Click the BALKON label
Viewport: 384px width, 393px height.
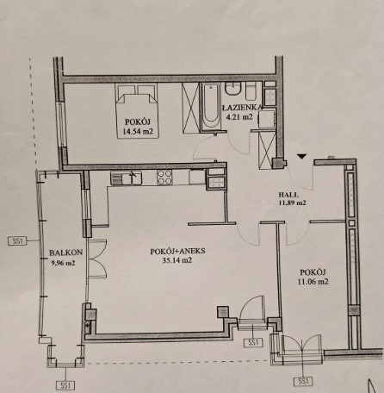(x=65, y=253)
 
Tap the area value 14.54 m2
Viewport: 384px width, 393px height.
(x=138, y=132)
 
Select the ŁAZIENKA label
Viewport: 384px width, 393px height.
(x=242, y=108)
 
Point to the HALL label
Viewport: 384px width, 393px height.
(x=288, y=195)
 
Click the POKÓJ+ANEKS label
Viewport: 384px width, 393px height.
(x=177, y=252)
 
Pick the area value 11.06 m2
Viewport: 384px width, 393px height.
(x=313, y=282)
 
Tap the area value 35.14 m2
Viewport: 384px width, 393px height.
(x=177, y=260)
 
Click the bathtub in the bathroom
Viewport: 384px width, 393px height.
(x=211, y=107)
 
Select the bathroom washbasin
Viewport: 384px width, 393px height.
(x=233, y=88)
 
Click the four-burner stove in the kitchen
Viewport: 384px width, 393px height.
(x=164, y=178)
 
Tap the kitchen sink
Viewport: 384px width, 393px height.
(x=127, y=178)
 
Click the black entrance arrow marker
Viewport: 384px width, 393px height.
(x=302, y=157)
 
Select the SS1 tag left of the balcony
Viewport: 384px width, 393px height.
(x=17, y=240)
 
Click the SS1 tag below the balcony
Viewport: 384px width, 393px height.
(x=65, y=385)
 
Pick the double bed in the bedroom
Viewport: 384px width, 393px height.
(x=137, y=110)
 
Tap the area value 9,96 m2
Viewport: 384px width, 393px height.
(x=63, y=263)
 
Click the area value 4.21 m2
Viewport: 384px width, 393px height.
(x=239, y=117)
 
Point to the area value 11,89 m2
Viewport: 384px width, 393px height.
(x=292, y=203)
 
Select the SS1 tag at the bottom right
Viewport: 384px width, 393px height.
(x=303, y=381)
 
